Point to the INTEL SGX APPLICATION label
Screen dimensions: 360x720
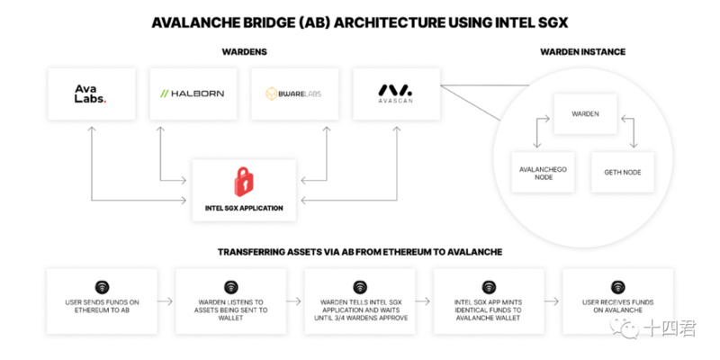[243, 208]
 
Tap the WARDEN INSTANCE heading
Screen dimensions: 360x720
[582, 52]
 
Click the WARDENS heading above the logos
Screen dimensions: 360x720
[243, 52]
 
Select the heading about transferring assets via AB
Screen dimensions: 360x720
[359, 252]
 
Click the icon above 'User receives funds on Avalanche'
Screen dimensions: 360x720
[617, 286]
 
